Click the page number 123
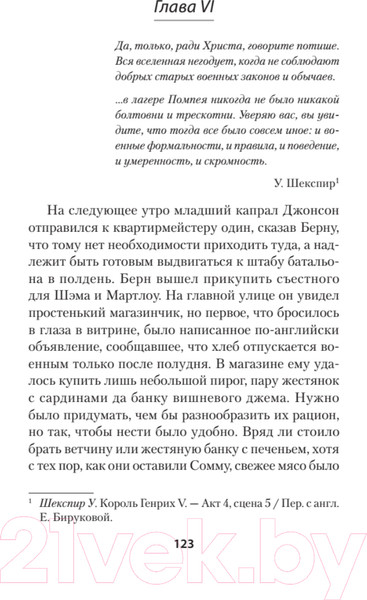coord(183,573)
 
